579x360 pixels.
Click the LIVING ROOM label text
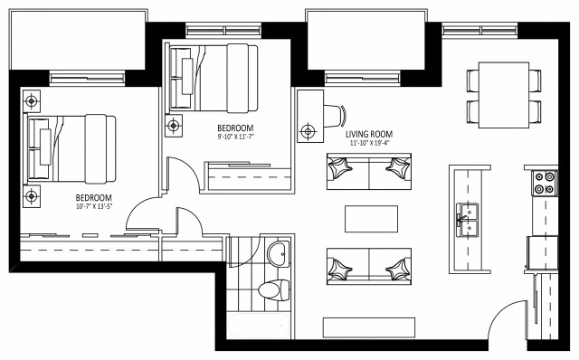click(372, 134)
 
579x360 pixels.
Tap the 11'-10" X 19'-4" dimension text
click(372, 143)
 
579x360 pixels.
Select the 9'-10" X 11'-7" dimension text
click(235, 137)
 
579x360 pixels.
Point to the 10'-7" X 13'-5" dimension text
click(92, 207)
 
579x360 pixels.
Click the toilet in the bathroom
click(273, 289)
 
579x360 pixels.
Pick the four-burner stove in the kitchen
click(545, 183)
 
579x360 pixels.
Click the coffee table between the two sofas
click(372, 218)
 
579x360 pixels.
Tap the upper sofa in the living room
click(372, 169)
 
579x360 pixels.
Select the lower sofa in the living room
click(372, 267)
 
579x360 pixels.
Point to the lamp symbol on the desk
click(308, 132)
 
